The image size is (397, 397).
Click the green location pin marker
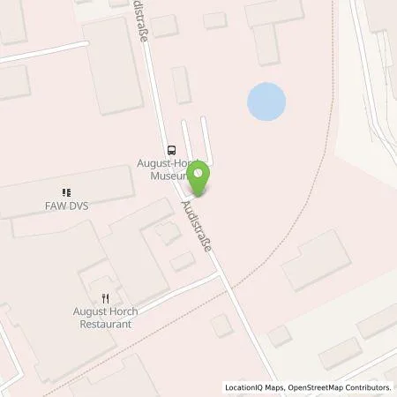(199, 180)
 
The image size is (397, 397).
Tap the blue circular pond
(266, 102)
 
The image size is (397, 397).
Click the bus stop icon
(171, 150)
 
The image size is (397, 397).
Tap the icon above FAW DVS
(66, 191)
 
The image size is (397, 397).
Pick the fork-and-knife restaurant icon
(105, 299)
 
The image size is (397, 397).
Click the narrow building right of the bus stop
(181, 85)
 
